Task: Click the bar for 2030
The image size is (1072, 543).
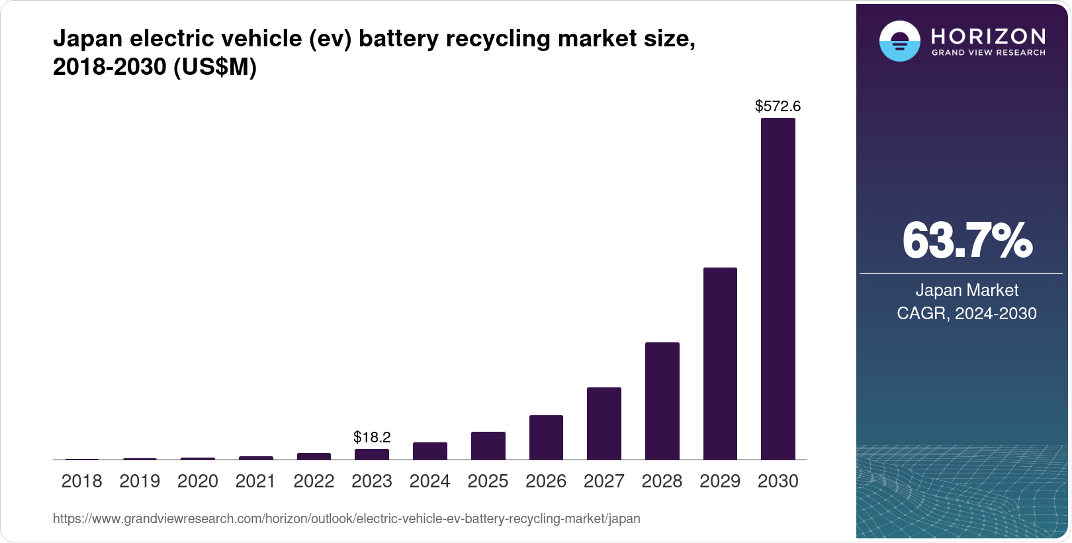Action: pos(778,289)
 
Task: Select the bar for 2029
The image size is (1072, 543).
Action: pos(720,364)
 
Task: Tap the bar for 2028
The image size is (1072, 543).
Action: pos(662,401)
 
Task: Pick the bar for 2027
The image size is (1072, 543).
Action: pos(603,423)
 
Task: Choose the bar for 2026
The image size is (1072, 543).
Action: pos(546,437)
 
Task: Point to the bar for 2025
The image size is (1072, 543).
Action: pos(488,446)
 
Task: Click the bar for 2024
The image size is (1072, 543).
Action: pos(429,451)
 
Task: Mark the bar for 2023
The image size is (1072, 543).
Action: pos(372,454)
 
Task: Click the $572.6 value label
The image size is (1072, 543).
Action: pos(778,106)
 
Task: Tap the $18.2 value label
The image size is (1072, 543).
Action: pos(372,437)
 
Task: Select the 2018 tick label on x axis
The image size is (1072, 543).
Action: pos(81,481)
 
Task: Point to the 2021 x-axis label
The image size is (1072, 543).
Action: pos(255,481)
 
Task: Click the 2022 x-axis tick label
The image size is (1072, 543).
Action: pos(314,481)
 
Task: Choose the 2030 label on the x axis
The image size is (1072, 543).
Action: pos(778,481)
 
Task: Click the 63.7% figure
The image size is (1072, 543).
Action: pos(966,240)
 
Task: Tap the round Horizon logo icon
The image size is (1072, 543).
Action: pos(899,41)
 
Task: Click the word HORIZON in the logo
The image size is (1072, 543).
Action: pos(988,36)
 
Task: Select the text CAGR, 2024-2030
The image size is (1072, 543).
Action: pos(966,313)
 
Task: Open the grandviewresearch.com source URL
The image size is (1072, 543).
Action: pos(346,518)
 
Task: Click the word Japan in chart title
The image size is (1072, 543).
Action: pos(88,38)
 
